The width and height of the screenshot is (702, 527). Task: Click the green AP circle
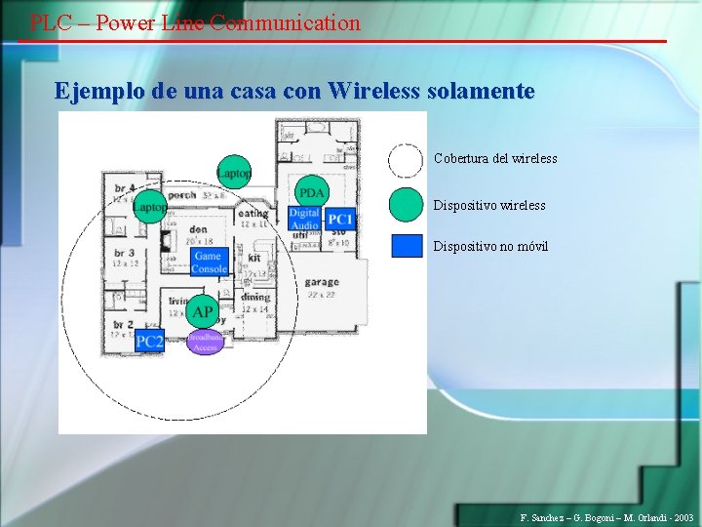(203, 312)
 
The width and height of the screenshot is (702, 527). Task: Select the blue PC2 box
(149, 341)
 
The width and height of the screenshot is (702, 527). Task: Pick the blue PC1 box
(340, 219)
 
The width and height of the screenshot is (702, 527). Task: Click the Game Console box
(209, 262)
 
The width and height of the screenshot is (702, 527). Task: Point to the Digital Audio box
(303, 219)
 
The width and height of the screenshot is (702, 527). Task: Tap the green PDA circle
(311, 191)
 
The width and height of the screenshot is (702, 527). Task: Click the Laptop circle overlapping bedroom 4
(150, 206)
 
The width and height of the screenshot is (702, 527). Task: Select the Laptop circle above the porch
(234, 173)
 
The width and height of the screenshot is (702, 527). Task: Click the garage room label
(321, 282)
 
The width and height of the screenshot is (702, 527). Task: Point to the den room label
(198, 230)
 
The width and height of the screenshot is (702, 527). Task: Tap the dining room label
(254, 298)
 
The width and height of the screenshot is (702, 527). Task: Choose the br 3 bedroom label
(124, 253)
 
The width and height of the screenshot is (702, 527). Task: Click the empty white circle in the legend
(406, 159)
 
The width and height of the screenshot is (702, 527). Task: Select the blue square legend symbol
(407, 245)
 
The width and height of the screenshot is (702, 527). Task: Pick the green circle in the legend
(406, 204)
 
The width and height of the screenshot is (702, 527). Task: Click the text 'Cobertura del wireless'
(495, 158)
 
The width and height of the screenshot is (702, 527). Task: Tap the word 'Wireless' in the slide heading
(375, 92)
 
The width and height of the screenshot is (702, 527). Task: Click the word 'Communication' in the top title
(285, 22)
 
